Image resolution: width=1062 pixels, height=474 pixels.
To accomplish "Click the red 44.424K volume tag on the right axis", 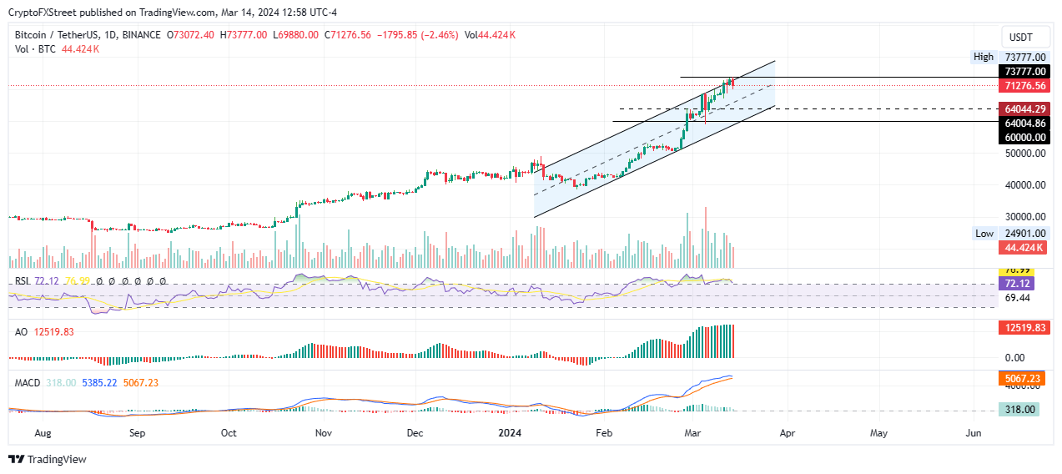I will pyautogui.click(x=1022, y=248).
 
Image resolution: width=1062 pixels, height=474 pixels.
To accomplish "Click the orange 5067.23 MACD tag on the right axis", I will pyautogui.click(x=1022, y=378).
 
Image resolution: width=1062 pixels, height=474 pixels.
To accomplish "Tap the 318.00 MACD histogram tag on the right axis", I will pyautogui.click(x=1022, y=410).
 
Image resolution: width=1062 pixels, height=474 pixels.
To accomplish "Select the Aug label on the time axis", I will pyautogui.click(x=44, y=434).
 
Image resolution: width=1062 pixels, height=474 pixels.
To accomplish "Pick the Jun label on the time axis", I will pyautogui.click(x=972, y=434).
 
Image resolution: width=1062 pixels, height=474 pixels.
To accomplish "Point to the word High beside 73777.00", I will pyautogui.click(x=984, y=57).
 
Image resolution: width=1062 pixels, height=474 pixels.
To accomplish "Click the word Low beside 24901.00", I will pyautogui.click(x=984, y=234).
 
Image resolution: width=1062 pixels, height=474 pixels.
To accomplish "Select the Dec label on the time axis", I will pyautogui.click(x=415, y=434).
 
